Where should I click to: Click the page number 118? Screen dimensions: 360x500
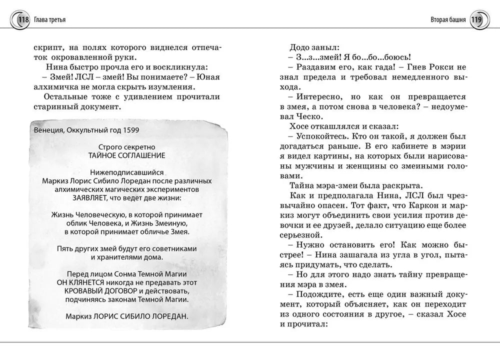[23, 20]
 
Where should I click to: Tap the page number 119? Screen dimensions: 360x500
[476, 20]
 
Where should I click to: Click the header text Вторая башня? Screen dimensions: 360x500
[448, 20]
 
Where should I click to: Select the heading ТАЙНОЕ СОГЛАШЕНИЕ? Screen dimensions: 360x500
[128, 155]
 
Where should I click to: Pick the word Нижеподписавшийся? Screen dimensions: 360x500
[128, 172]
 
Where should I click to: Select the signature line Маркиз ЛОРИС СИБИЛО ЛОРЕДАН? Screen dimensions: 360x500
[128, 316]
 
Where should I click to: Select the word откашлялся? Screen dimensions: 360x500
[335, 126]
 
